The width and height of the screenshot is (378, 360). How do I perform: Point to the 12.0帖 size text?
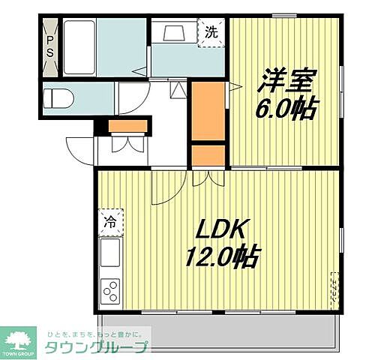click(222, 258)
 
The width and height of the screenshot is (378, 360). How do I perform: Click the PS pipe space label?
click(50, 46)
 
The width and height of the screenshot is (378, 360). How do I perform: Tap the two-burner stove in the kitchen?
click(110, 289)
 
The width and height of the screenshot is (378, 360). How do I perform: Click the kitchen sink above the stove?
click(110, 253)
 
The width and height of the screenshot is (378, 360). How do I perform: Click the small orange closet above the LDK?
click(208, 154)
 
